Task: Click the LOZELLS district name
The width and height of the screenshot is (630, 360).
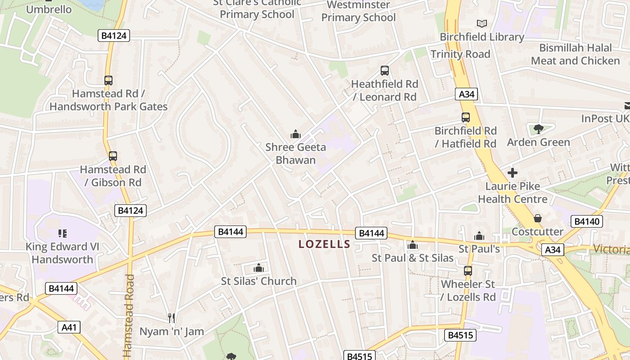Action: pyautogui.click(x=324, y=244)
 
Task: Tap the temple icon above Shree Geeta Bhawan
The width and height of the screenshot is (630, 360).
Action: pyautogui.click(x=296, y=134)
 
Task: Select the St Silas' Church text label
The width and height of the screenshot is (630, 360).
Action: pyautogui.click(x=259, y=281)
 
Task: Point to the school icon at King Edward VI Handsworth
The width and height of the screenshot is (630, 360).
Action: pyautogui.click(x=63, y=234)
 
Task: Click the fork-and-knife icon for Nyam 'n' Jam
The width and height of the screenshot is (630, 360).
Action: pyautogui.click(x=171, y=318)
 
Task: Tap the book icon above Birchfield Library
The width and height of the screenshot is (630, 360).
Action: pyautogui.click(x=481, y=23)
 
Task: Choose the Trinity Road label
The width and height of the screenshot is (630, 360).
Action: pyautogui.click(x=460, y=54)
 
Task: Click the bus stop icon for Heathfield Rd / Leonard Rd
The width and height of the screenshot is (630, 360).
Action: pyautogui.click(x=385, y=71)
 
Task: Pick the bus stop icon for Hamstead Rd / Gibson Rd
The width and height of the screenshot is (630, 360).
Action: pyautogui.click(x=113, y=156)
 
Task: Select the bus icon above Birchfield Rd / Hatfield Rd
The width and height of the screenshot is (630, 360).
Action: pyautogui.click(x=466, y=117)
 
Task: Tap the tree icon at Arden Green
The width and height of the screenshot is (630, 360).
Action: pyautogui.click(x=538, y=130)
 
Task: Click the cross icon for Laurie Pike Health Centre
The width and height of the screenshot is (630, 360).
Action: pyautogui.click(x=512, y=173)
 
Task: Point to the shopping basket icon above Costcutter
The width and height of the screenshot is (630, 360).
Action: pyautogui.click(x=537, y=219)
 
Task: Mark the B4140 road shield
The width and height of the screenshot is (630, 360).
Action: pyautogui.click(x=586, y=221)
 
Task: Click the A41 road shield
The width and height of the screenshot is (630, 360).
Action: pyautogui.click(x=69, y=327)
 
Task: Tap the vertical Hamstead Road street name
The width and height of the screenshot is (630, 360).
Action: pyautogui.click(x=129, y=315)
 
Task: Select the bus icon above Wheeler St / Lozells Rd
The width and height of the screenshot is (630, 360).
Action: pyautogui.click(x=468, y=271)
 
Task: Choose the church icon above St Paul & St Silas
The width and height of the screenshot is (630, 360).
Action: pyautogui.click(x=412, y=245)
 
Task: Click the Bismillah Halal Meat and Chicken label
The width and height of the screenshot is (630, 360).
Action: pyautogui.click(x=575, y=54)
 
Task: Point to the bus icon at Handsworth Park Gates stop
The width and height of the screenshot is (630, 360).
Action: pyautogui.click(x=108, y=81)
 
